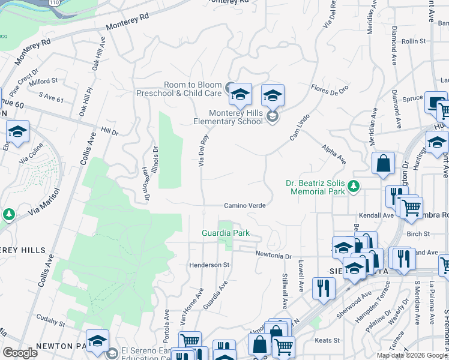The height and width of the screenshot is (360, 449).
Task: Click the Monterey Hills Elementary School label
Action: [236, 117]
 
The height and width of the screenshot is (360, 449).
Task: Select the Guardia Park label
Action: [225, 233]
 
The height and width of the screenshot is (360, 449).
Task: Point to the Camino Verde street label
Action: [244, 205]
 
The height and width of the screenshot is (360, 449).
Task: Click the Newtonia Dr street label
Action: [273, 255]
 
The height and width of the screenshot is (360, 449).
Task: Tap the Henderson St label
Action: [209, 265]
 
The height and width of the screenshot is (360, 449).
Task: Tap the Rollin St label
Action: [414, 41]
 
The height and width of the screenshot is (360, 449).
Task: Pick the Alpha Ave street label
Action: [334, 154]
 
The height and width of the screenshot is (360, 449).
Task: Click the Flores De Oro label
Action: [330, 89]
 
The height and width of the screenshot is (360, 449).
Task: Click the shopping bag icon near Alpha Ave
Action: [382, 163]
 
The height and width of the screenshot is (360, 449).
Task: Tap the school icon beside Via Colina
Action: [17, 131]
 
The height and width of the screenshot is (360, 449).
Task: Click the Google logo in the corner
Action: [20, 352]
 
